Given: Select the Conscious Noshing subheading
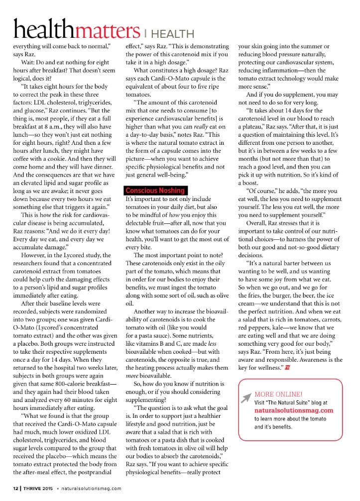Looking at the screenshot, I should tap(155, 191).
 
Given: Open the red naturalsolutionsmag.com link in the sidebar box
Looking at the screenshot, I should tap(294, 410).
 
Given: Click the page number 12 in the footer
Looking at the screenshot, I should tap(16, 488).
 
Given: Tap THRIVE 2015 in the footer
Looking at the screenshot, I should tap(39, 488).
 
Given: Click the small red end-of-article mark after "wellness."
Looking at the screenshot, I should tap(287, 368).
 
